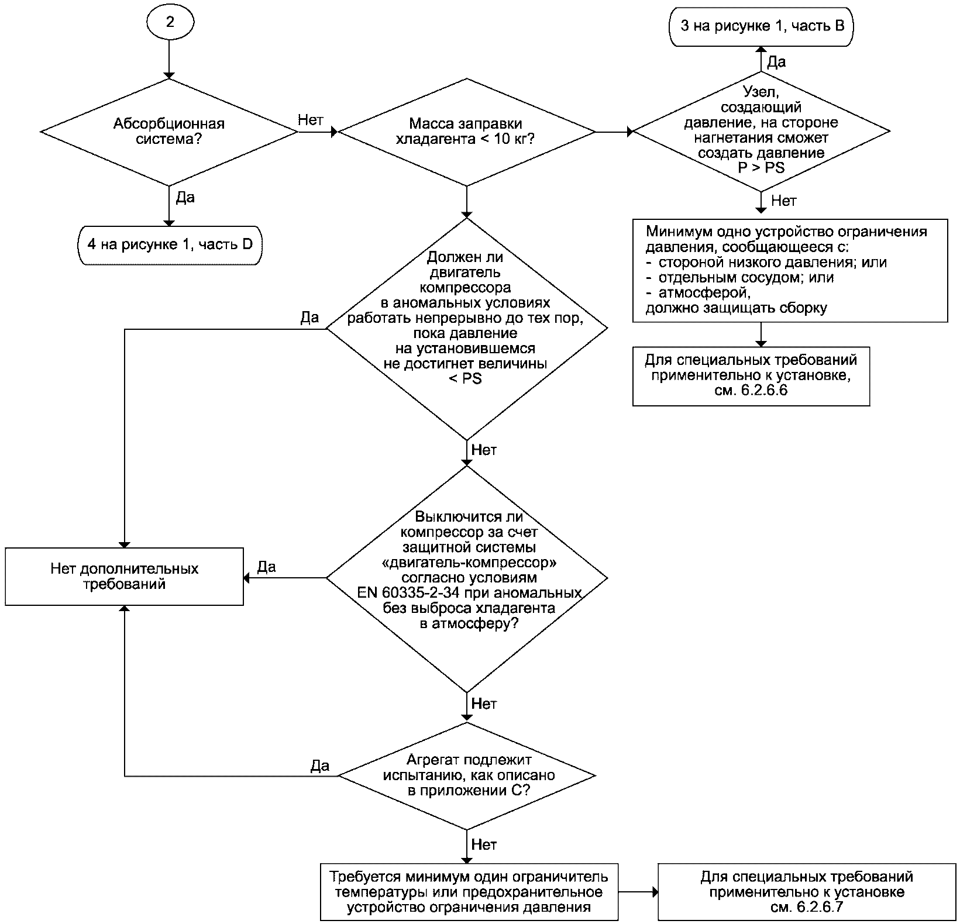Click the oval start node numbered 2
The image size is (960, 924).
tap(169, 23)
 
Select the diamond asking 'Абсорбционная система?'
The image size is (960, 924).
tap(169, 132)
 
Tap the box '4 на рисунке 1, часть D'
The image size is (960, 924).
tap(169, 244)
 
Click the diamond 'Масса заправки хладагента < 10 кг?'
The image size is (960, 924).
tap(466, 132)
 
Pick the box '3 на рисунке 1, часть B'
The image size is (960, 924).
tap(762, 26)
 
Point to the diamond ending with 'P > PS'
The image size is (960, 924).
tap(761, 132)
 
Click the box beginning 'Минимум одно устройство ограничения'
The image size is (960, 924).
tap(790, 270)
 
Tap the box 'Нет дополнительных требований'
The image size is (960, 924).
tap(124, 577)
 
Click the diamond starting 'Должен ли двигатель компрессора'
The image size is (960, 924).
tap(466, 329)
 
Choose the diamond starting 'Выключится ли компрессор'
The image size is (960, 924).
tap(466, 578)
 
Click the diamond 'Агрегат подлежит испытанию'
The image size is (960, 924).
tap(466, 775)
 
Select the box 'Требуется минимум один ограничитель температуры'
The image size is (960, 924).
tap(469, 892)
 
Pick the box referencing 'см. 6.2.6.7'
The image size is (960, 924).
tap(807, 892)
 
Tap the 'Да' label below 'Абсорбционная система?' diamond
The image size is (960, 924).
tap(185, 198)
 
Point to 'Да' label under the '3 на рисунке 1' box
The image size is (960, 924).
tap(776, 61)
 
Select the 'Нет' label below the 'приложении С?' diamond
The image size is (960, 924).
tap(484, 844)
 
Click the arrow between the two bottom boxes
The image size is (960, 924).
tap(638, 892)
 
